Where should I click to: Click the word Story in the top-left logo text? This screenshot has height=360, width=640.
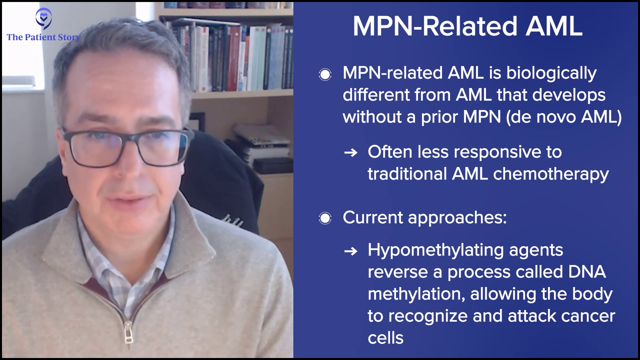(x=69, y=37)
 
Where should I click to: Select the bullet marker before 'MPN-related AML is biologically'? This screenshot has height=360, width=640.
(x=325, y=74)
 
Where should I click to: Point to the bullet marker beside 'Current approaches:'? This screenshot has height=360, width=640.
(x=325, y=218)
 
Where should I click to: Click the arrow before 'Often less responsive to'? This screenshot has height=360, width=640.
(x=351, y=153)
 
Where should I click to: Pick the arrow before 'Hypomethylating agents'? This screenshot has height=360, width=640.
(x=351, y=251)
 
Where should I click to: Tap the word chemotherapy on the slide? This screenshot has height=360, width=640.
(x=551, y=174)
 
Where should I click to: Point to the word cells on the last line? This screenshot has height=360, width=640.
(x=386, y=338)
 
